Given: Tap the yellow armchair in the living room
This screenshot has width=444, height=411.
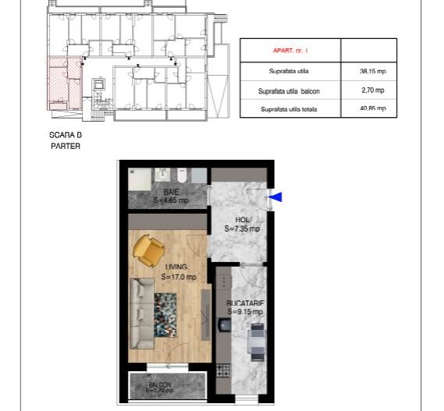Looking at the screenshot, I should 148,249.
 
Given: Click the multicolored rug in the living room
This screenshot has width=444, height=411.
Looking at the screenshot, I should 170,313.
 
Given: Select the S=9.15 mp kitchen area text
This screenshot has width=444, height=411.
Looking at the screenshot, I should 245,312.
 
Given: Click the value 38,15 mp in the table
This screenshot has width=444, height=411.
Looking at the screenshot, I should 368,70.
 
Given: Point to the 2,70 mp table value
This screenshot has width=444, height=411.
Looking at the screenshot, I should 368,90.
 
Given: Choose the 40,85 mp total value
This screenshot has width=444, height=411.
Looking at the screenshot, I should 368,108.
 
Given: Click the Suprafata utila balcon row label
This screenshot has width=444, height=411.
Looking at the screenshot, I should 290,90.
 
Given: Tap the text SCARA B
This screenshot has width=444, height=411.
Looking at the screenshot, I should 65,135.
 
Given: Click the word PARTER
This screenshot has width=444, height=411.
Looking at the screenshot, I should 65,145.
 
